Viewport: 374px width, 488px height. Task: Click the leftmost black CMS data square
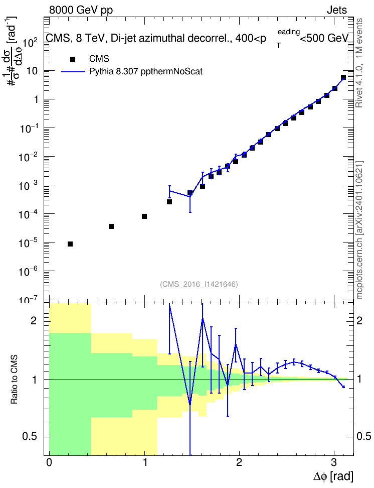[x=70, y=244]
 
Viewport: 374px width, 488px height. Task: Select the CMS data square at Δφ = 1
[x=144, y=216]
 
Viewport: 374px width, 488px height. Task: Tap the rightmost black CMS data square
[x=343, y=77]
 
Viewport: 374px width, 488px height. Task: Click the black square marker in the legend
[x=73, y=59]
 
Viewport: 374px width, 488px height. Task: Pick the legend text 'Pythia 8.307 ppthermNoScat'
[x=146, y=72]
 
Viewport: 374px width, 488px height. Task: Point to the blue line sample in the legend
[x=73, y=72]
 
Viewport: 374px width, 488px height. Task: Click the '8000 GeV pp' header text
[x=81, y=10]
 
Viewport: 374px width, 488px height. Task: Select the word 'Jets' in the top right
[x=337, y=10]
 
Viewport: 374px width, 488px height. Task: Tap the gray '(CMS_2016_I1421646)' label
[x=199, y=284]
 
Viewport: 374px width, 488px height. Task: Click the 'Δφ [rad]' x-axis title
[x=333, y=476]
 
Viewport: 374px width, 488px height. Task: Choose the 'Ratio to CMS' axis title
[x=15, y=380]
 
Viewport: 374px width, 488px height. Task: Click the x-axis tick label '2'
[x=239, y=462]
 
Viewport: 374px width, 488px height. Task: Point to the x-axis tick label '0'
[x=49, y=462]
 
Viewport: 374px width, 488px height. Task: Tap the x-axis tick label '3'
[x=334, y=462]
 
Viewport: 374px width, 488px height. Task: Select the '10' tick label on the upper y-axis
[x=32, y=71]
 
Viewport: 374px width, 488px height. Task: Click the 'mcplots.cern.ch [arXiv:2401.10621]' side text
[x=359, y=230]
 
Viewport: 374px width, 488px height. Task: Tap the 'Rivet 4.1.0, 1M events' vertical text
[x=359, y=63]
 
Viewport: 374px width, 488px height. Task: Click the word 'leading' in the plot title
[x=288, y=32]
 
